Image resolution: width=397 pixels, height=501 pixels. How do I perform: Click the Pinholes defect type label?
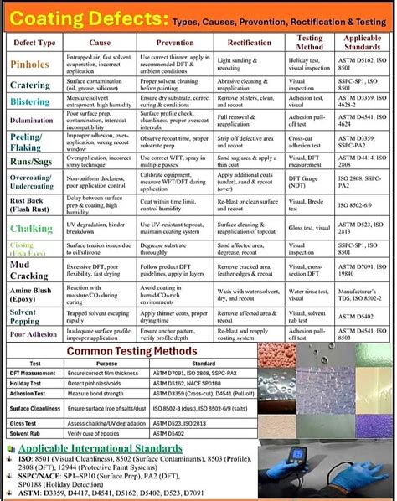(x=29, y=63)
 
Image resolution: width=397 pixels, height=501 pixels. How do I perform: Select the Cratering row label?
(x=29, y=85)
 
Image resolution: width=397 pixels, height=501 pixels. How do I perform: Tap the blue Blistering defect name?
(x=30, y=101)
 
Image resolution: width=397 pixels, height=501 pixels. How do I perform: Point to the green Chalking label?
(x=30, y=228)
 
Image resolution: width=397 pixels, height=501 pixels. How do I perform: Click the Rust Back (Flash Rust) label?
(x=30, y=206)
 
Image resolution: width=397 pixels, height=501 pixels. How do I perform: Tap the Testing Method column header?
(x=310, y=40)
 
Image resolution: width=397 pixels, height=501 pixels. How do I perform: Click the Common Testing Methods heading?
(x=131, y=350)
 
